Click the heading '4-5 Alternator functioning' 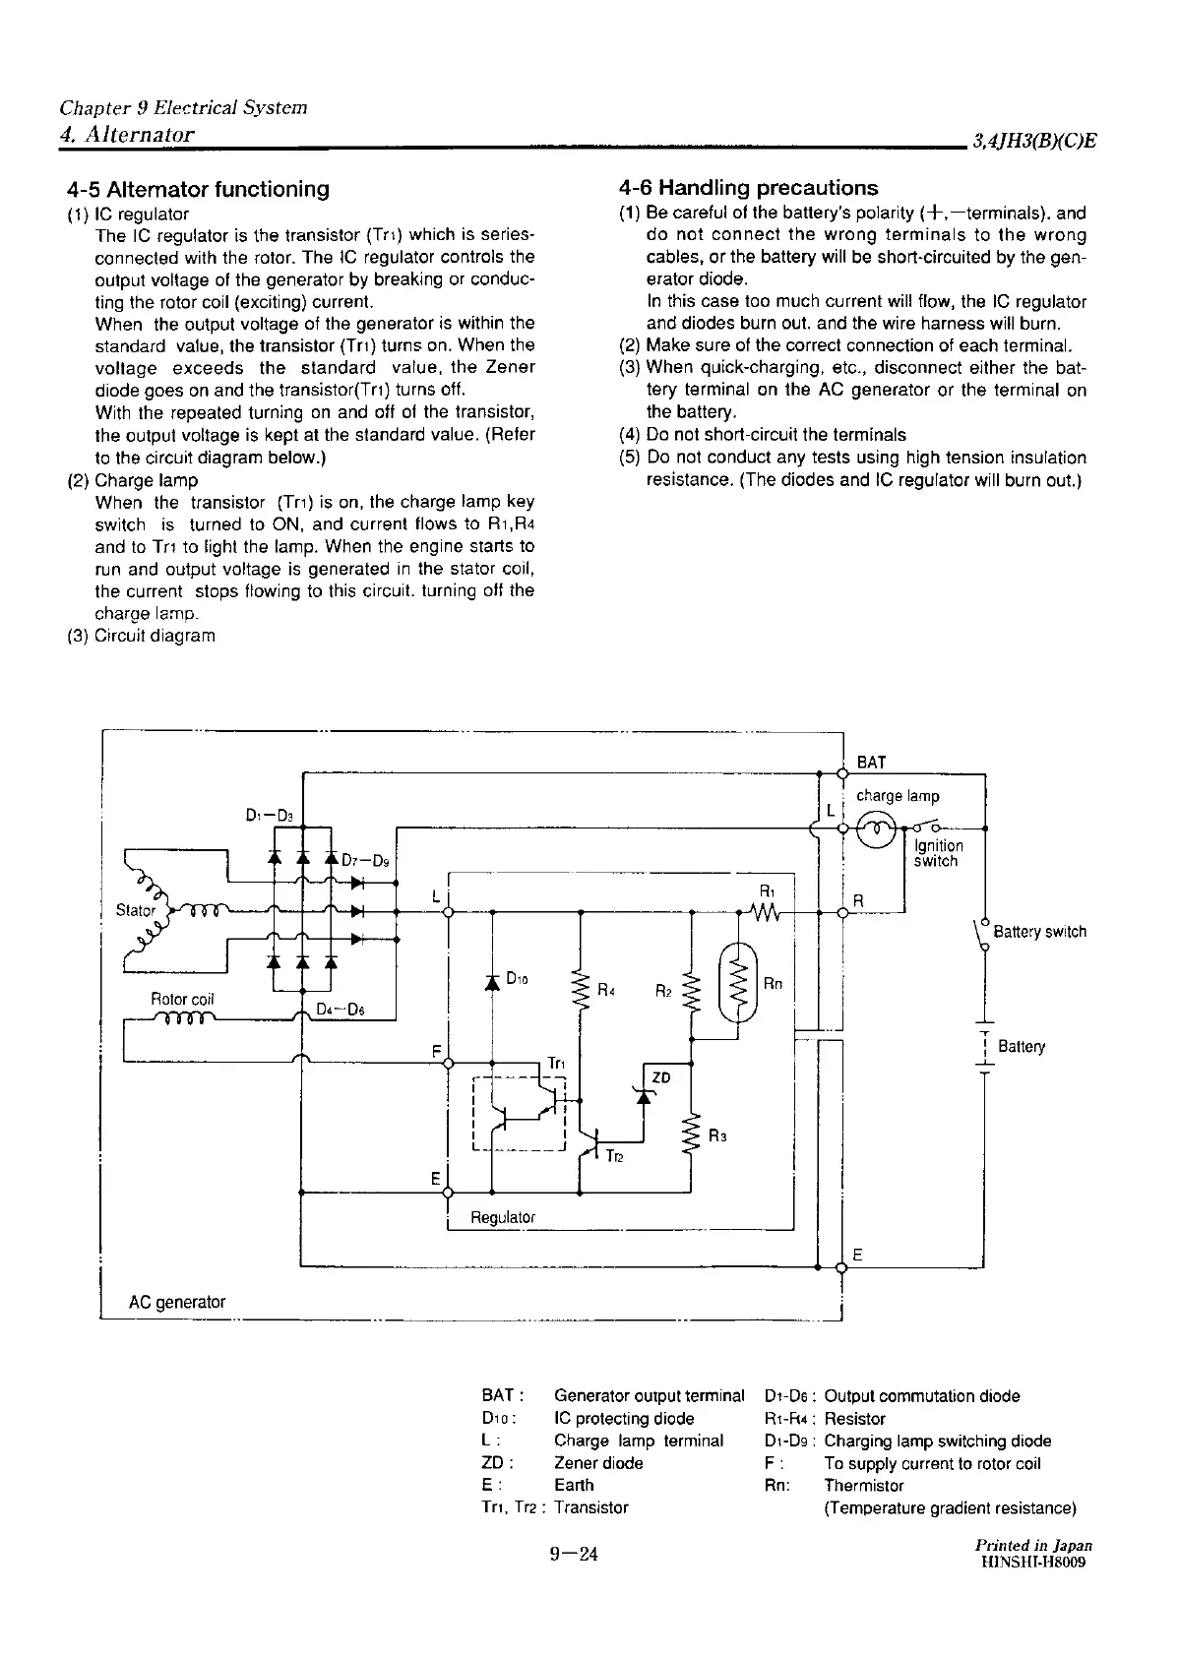(x=198, y=188)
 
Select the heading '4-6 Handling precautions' (x=748, y=187)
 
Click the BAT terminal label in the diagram (x=871, y=763)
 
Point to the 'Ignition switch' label (x=938, y=853)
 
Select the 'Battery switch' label (x=1039, y=931)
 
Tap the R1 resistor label (x=767, y=891)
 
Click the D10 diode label (x=518, y=978)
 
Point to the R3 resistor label (x=717, y=1135)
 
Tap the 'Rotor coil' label (x=182, y=999)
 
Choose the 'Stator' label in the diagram (x=136, y=910)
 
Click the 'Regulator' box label (x=503, y=1217)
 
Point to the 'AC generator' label (x=177, y=1302)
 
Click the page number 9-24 (x=575, y=1554)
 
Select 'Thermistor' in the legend (x=863, y=1485)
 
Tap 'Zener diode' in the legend (x=598, y=1462)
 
